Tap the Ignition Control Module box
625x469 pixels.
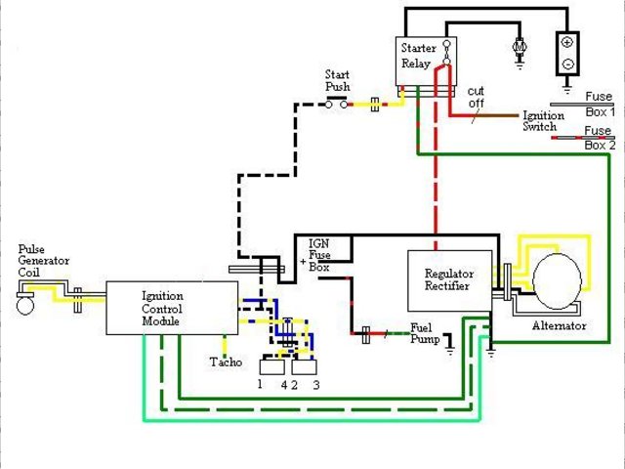click(171, 309)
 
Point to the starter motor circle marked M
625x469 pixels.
click(520, 46)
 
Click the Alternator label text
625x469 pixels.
click(559, 325)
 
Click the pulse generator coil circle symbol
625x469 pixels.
click(25, 305)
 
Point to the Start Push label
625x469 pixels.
click(337, 81)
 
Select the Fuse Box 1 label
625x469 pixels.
click(599, 104)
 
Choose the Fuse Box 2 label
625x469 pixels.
click(599, 138)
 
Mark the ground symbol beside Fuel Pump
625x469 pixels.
click(449, 344)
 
